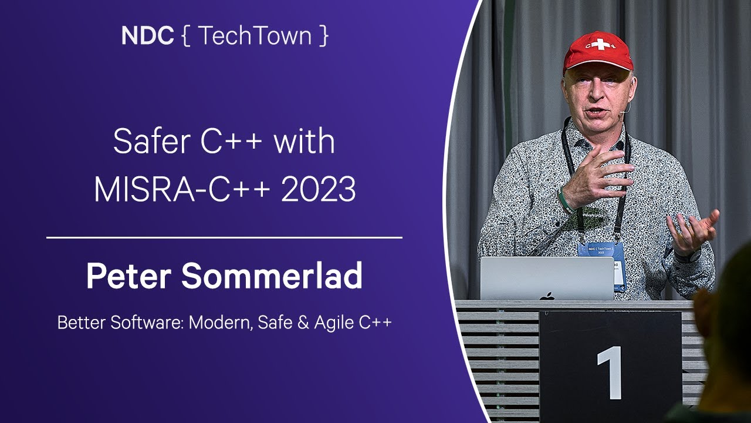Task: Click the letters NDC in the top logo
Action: [x=147, y=36]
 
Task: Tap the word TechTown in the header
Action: [x=255, y=36]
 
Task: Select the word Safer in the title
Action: [x=152, y=141]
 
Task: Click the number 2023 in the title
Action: [x=319, y=189]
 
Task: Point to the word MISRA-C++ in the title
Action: [x=182, y=189]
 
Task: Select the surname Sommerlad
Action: [x=272, y=276]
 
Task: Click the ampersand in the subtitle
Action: [x=303, y=323]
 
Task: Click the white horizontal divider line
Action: [x=224, y=237]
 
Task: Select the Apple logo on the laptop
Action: [x=549, y=296]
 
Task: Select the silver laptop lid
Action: [x=547, y=278]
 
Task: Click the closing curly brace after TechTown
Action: [x=323, y=36]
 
